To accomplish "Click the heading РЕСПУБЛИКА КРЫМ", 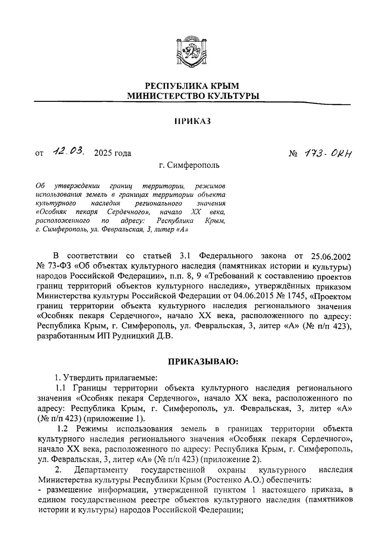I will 192,86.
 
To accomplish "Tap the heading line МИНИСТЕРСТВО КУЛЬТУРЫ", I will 192,95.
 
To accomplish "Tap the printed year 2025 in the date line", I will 103,153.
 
